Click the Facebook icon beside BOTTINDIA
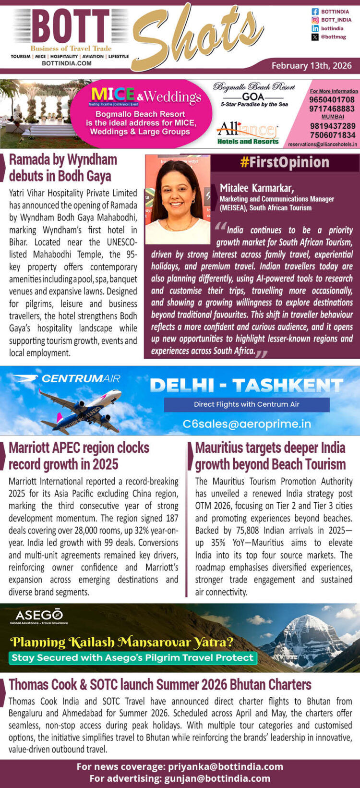tap(315, 12)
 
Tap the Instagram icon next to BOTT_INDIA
tap(315, 20)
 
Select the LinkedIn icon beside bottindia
tap(315, 29)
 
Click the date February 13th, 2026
tap(312, 66)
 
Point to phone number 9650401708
tap(332, 100)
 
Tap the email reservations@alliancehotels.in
tap(323, 144)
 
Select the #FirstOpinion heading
tap(285, 162)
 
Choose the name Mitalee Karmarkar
tap(257, 188)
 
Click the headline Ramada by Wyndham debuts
tap(63, 168)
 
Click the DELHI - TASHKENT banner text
tap(246, 385)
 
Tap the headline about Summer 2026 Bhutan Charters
tap(160, 684)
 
